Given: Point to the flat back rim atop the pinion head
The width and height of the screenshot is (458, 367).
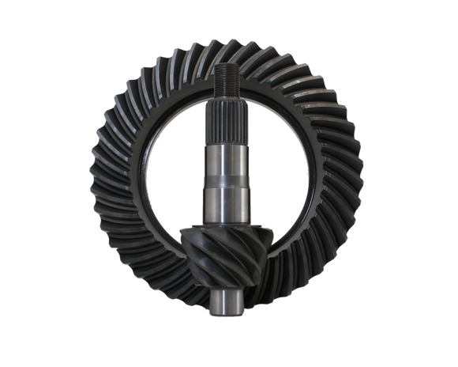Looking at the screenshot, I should click(x=224, y=227).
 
